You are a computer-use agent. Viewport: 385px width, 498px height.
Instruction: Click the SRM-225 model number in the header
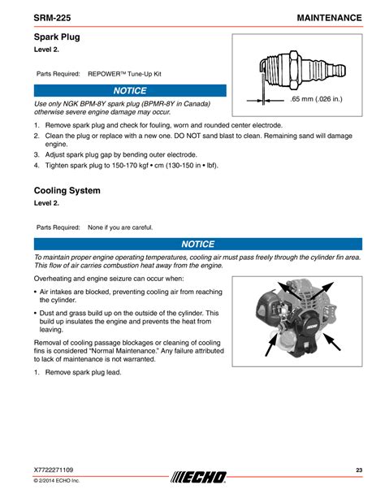(x=52, y=18)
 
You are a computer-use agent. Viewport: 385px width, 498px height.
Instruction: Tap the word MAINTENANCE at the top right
(x=329, y=18)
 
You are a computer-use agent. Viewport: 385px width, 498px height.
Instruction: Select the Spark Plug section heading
(x=57, y=37)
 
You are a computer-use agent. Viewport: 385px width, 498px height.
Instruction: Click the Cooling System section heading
(x=67, y=191)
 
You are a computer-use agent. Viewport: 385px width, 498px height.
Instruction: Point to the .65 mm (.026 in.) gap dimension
(x=316, y=99)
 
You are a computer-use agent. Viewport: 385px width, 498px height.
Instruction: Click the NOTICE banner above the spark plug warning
(x=130, y=90)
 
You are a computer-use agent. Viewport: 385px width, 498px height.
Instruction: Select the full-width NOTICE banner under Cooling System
(x=198, y=244)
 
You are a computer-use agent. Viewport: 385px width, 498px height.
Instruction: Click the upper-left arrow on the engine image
(x=289, y=291)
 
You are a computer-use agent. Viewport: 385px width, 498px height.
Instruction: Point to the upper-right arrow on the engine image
(x=322, y=290)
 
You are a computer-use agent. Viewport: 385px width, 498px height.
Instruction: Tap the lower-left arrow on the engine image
(x=271, y=345)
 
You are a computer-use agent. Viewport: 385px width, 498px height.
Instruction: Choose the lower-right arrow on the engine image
(x=332, y=342)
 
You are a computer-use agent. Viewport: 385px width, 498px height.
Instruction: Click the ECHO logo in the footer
(x=198, y=477)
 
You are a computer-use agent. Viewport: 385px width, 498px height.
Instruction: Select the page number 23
(x=359, y=470)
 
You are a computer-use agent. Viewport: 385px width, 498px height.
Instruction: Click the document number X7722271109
(x=54, y=470)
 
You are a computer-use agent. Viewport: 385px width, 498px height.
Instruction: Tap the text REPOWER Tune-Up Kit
(x=124, y=74)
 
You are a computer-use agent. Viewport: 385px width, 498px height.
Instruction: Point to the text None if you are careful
(x=120, y=227)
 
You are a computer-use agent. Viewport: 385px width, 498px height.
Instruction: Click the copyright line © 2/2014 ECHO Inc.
(x=57, y=480)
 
